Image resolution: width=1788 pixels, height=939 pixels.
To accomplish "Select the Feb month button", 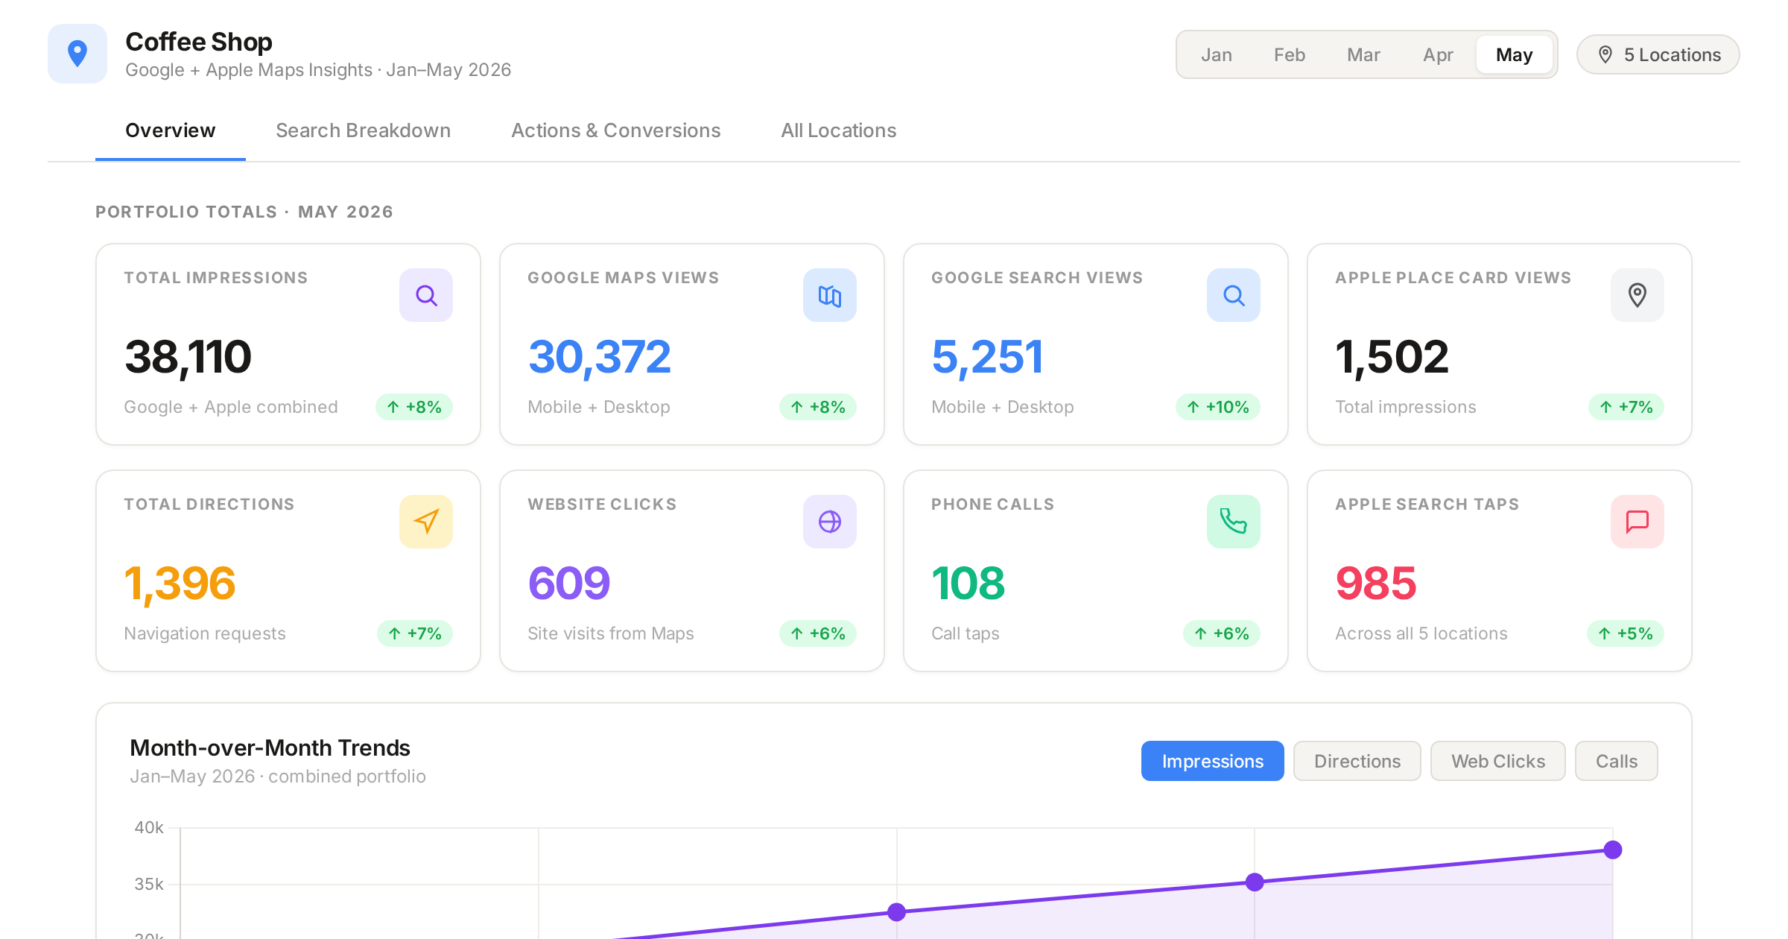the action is point(1289,54).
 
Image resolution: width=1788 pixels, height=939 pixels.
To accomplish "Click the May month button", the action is point(1514,54).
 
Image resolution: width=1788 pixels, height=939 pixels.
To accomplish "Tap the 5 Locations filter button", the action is point(1658,54).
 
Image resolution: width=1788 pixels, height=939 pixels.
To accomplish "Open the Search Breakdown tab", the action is point(363,130).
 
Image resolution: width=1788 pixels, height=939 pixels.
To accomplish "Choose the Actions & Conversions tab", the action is point(615,130).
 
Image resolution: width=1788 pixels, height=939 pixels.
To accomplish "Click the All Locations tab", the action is point(838,130).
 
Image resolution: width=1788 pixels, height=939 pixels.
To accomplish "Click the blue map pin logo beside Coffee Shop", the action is point(77,54).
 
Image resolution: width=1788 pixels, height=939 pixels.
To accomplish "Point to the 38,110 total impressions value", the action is point(188,356).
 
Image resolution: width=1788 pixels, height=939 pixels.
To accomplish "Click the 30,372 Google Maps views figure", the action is point(599,356).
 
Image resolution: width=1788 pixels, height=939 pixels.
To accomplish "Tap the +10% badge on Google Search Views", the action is point(1218,407).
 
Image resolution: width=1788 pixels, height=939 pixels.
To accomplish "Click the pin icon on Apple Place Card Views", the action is point(1638,295).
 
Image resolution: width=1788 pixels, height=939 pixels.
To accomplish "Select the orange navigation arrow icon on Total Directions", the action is point(426,522).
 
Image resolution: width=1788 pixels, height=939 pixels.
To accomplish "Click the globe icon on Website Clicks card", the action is point(830,522).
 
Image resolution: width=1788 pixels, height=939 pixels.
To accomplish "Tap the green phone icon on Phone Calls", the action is point(1234,522).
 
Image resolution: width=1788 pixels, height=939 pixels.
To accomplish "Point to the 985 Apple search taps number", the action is point(1375,583).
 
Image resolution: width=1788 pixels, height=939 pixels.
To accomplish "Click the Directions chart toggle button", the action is point(1357,761).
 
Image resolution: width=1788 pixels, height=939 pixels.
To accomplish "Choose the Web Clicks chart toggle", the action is point(1498,761).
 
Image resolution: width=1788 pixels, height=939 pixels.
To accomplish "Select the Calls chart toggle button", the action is point(1617,761).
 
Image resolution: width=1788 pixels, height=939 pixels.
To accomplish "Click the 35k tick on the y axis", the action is point(149,884).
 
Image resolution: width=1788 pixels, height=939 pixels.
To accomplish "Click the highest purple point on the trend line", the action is point(1613,850).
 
